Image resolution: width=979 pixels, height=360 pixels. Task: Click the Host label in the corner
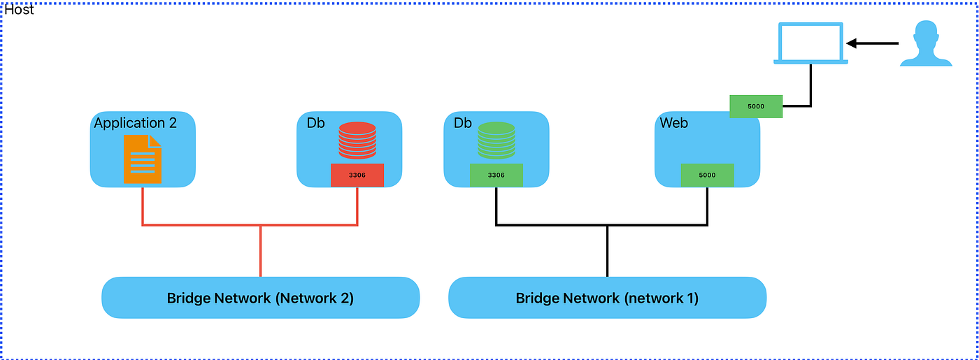coord(20,10)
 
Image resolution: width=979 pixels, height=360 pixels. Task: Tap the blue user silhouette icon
coord(925,44)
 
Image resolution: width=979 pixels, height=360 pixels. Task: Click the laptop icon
coord(810,43)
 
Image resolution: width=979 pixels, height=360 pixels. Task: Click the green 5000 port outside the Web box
coord(755,106)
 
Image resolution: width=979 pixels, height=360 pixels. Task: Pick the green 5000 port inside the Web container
coord(707,175)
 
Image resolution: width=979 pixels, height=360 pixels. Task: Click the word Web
coord(674,123)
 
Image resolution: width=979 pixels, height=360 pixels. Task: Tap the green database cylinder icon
coord(496,140)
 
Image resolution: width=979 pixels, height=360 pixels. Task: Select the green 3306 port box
coord(496,175)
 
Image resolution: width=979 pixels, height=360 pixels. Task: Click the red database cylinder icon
coord(357,140)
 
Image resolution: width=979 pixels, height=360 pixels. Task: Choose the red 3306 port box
coord(357,175)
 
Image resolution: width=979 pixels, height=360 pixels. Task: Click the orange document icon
coord(143,159)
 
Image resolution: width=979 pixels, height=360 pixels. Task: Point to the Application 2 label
coord(136,123)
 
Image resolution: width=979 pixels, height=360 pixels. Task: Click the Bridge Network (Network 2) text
coord(260,298)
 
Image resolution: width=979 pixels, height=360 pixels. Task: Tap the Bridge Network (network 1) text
coord(607,298)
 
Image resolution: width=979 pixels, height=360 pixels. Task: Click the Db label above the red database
coord(315,123)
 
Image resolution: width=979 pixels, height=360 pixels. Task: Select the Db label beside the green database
coord(463,123)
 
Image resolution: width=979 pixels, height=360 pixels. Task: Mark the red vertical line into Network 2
coord(260,252)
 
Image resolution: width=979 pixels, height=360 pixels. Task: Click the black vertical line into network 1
coord(607,252)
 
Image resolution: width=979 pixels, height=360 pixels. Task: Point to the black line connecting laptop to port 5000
coord(810,87)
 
